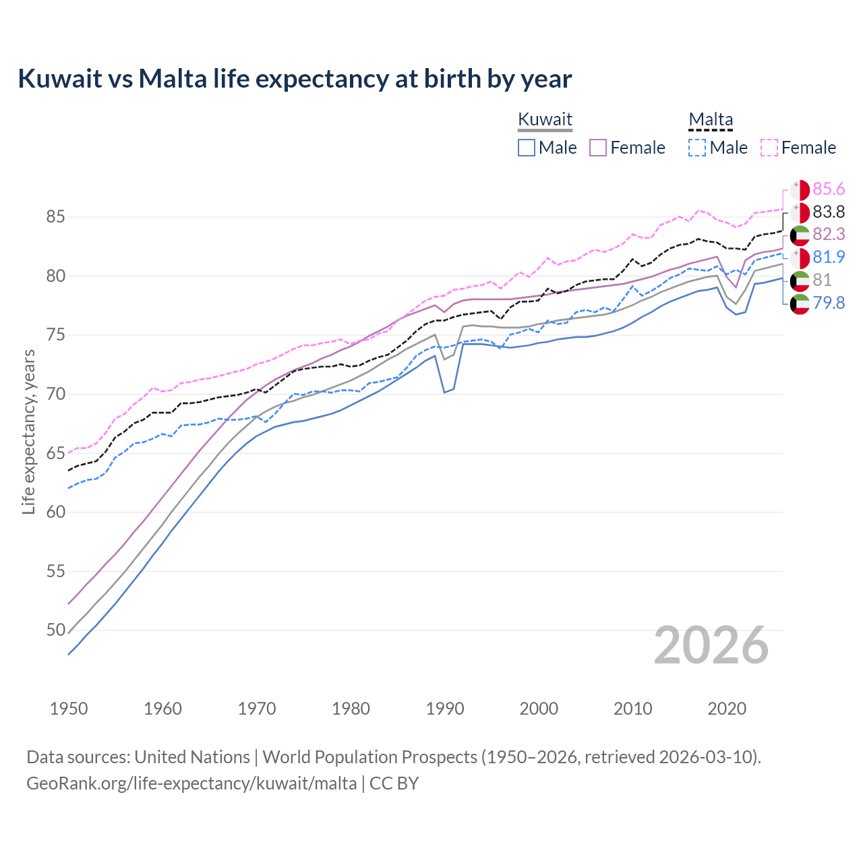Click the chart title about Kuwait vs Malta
(295, 79)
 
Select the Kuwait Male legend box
(527, 148)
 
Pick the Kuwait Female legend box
(599, 148)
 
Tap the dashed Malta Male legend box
(698, 148)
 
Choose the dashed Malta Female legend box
(769, 148)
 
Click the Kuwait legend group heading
(545, 119)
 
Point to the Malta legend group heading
(711, 119)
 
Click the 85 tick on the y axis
(55, 217)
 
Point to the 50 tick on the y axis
(55, 630)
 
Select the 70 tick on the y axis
(55, 394)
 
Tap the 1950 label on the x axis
(69, 709)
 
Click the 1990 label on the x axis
(445, 709)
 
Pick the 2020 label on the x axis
(727, 709)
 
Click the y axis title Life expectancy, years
(28, 431)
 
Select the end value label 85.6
(829, 189)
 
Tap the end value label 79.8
(829, 303)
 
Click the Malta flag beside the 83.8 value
(800, 212)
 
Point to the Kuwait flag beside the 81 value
(800, 280)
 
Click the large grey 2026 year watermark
(711, 645)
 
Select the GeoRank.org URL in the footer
(191, 783)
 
